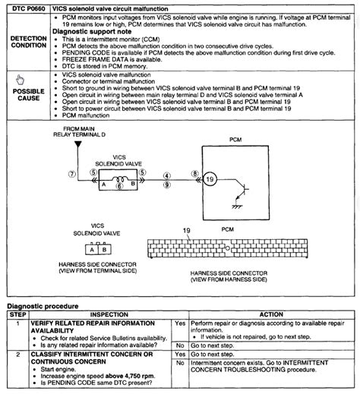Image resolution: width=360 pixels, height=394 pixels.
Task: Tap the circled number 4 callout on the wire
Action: (x=166, y=175)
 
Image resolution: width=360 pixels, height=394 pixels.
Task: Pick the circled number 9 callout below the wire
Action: (x=166, y=184)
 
